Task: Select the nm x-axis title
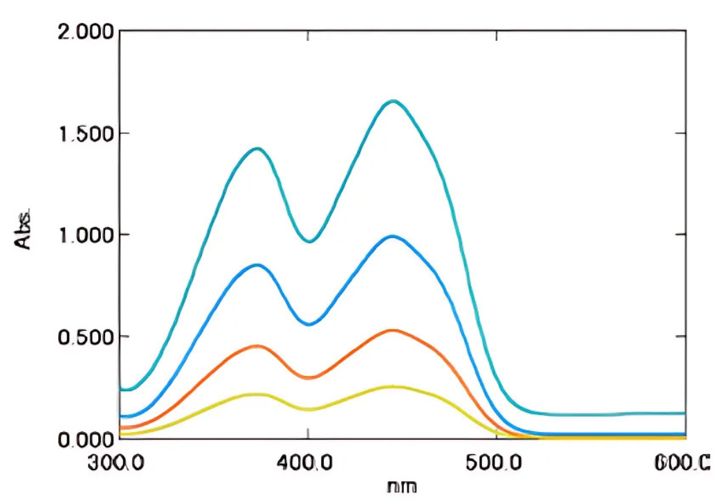tap(403, 487)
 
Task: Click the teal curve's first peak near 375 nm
tap(258, 148)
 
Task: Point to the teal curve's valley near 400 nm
tap(310, 242)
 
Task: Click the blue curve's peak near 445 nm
tap(393, 236)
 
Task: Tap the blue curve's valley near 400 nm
tap(310, 324)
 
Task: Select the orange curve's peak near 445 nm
tap(393, 330)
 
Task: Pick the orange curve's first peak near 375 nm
tap(258, 345)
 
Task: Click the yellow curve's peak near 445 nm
tap(393, 386)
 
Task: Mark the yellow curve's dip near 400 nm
tap(309, 409)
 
